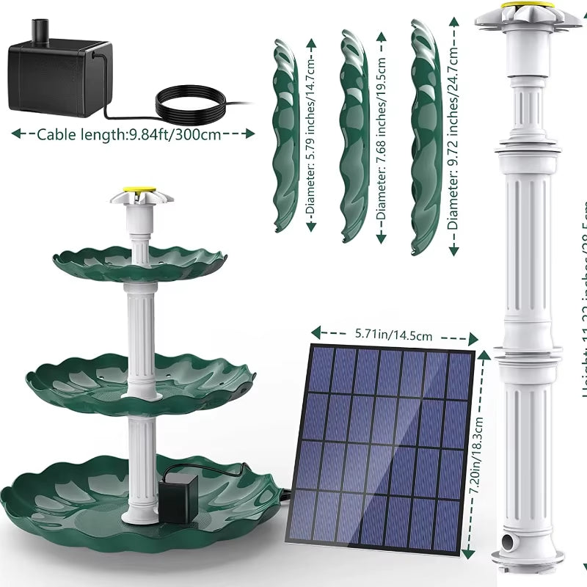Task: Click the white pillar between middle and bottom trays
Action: pos(141,462)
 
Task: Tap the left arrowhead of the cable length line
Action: pos(15,134)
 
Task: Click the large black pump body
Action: pos(55,77)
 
